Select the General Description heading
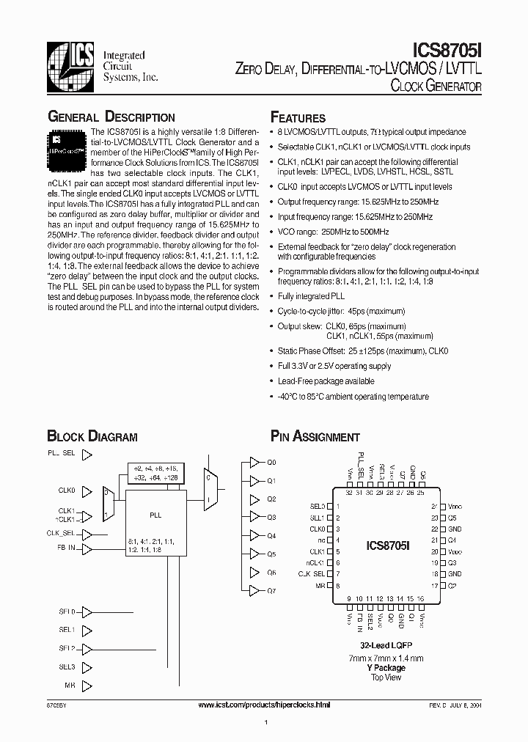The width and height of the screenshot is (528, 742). pyautogui.click(x=111, y=117)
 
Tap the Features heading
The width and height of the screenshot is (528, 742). pyautogui.click(x=298, y=118)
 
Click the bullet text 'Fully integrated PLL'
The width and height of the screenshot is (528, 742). pyautogui.click(x=311, y=295)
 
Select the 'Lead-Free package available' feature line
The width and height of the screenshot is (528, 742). pyautogui.click(x=326, y=381)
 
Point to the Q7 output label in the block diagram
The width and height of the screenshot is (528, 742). pyautogui.click(x=271, y=590)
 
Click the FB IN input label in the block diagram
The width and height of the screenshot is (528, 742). pyautogui.click(x=66, y=548)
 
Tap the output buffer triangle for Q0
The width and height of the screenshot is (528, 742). pyautogui.click(x=254, y=463)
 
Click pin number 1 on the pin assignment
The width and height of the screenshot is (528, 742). pyautogui.click(x=337, y=507)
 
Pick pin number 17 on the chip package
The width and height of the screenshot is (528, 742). pyautogui.click(x=435, y=586)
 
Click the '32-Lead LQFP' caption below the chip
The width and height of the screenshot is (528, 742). pyautogui.click(x=385, y=644)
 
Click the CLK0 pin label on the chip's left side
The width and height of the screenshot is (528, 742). pyautogui.click(x=317, y=529)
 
